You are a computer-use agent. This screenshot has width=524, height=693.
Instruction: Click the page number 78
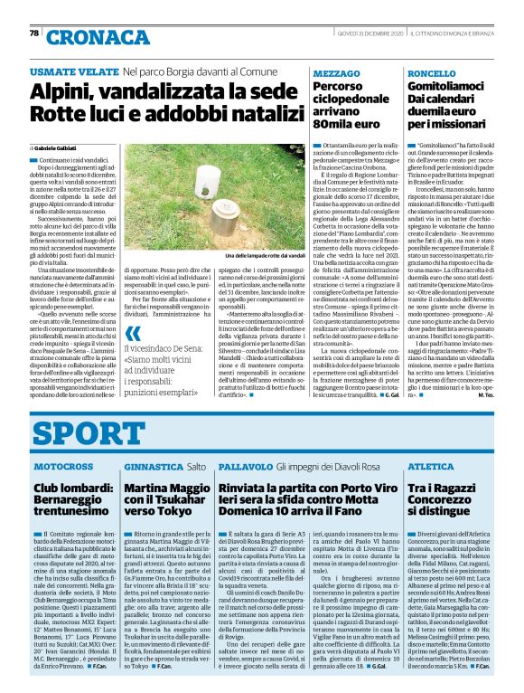34,33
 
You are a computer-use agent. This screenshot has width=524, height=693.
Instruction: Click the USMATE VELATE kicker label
71,71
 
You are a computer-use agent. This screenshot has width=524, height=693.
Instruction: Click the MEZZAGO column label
336,71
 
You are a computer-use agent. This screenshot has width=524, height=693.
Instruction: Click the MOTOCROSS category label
63,466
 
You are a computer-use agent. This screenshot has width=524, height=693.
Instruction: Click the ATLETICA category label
429,466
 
